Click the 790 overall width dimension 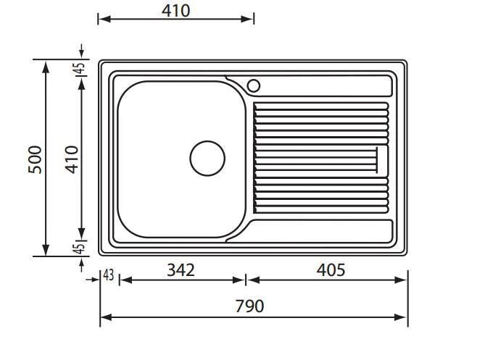tap(249, 306)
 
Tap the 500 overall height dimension tap(35, 159)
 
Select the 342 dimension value tap(181, 269)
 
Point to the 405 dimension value tap(331, 269)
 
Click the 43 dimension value tap(109, 275)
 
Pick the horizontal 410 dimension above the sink tap(176, 11)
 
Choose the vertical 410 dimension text tap(72, 159)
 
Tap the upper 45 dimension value tap(80, 68)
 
